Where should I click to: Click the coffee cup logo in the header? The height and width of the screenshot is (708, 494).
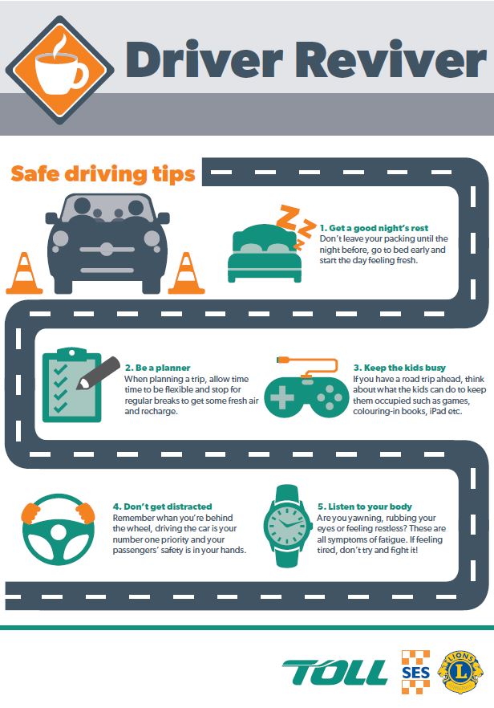point(59,70)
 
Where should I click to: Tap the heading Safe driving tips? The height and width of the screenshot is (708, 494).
point(103,174)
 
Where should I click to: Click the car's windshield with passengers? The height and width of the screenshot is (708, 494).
point(107,208)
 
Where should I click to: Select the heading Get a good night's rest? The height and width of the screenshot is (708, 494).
point(374,228)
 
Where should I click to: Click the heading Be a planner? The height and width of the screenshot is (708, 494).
point(157,368)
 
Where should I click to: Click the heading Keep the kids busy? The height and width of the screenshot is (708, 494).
point(399,368)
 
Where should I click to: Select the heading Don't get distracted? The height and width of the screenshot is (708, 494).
point(163,507)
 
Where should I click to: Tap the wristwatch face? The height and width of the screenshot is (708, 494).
point(287,526)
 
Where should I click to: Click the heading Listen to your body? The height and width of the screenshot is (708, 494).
point(365,507)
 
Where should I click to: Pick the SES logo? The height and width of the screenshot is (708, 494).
point(415,672)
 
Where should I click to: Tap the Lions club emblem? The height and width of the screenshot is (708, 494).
point(460,672)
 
